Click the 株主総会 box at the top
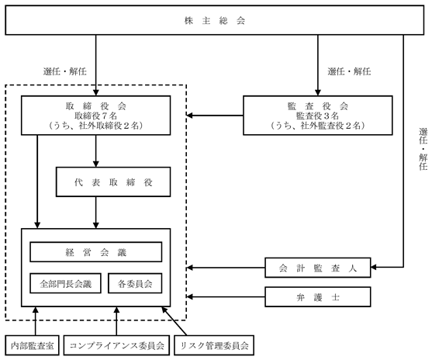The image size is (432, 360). (x=214, y=20)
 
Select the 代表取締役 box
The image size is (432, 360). (x=113, y=182)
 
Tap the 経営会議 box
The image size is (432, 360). (x=96, y=252)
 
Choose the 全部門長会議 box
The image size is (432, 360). (x=65, y=283)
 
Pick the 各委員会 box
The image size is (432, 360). (x=135, y=283)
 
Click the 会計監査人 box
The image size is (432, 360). (x=318, y=268)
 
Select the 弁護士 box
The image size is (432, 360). (x=318, y=297)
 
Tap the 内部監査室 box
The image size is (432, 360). (x=33, y=345)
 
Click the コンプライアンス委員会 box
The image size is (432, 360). (x=116, y=345)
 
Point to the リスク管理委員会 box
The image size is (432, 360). (x=214, y=345)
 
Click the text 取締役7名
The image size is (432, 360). (x=96, y=116)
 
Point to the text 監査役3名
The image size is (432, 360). (x=318, y=116)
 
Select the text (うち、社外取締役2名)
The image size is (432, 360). (x=96, y=126)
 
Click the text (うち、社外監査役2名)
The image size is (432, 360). (x=318, y=126)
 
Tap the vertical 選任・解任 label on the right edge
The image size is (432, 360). (x=423, y=149)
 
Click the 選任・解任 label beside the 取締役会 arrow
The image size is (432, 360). (x=64, y=71)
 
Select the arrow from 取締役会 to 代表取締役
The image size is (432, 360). (x=96, y=151)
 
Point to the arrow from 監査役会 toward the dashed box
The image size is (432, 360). (x=215, y=116)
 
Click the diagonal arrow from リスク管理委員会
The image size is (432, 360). (x=175, y=321)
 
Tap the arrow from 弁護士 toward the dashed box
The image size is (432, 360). (x=226, y=297)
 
